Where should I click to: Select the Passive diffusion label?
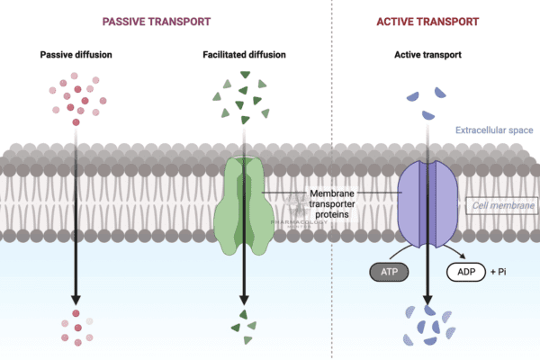coord(76,55)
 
